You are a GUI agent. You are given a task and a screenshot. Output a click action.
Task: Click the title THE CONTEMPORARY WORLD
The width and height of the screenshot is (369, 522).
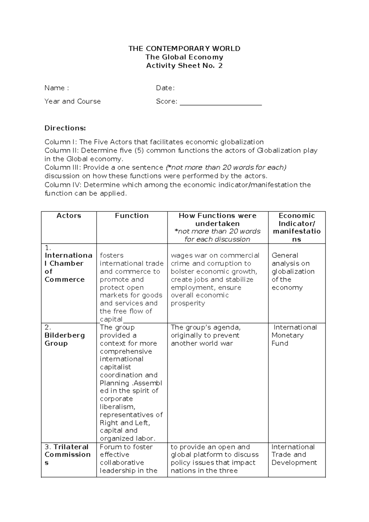pyautogui.click(x=184, y=49)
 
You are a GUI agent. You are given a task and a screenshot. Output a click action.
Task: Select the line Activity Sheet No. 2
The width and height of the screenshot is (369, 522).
pyautogui.click(x=184, y=66)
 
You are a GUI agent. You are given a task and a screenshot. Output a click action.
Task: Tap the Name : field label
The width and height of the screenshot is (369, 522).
pyautogui.click(x=57, y=88)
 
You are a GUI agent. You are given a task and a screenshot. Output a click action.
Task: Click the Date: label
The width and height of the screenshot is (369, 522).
pyautogui.click(x=165, y=88)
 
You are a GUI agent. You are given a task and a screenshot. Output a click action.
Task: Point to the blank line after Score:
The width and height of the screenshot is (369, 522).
pyautogui.click(x=220, y=102)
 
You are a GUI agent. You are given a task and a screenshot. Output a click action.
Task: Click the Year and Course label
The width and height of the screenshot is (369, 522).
pyautogui.click(x=73, y=102)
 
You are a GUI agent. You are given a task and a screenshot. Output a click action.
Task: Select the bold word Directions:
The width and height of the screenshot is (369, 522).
pyautogui.click(x=65, y=128)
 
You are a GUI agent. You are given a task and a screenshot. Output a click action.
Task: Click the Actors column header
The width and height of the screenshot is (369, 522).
pyautogui.click(x=69, y=216)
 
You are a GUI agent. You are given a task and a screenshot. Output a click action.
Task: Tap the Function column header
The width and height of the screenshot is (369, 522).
pyautogui.click(x=132, y=216)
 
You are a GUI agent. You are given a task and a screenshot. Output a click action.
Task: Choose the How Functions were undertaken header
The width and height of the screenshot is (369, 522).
pyautogui.click(x=217, y=219)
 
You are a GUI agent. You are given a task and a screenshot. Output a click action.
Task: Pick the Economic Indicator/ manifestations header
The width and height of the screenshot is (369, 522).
pyautogui.click(x=296, y=227)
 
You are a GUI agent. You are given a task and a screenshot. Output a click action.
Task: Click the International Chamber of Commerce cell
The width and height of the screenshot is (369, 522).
pyautogui.click(x=68, y=267)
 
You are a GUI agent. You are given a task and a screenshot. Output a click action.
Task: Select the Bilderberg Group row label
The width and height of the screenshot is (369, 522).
pyautogui.click(x=65, y=339)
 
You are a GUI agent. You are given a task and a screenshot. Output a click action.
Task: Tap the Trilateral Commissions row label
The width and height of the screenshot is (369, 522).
pyautogui.click(x=68, y=455)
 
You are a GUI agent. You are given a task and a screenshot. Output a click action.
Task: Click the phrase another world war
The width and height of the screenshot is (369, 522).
pyautogui.click(x=202, y=343)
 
